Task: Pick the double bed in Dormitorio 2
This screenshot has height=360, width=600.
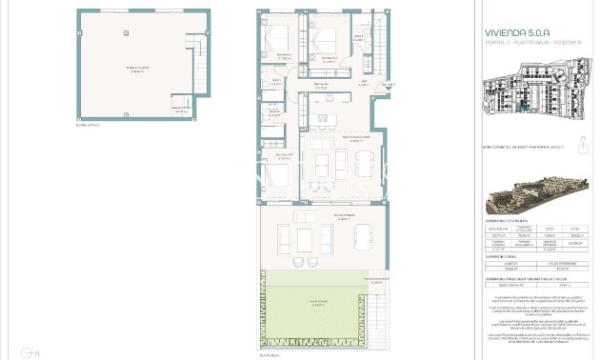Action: (x=326, y=39)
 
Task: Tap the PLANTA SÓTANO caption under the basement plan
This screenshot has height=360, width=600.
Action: (x=87, y=125)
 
